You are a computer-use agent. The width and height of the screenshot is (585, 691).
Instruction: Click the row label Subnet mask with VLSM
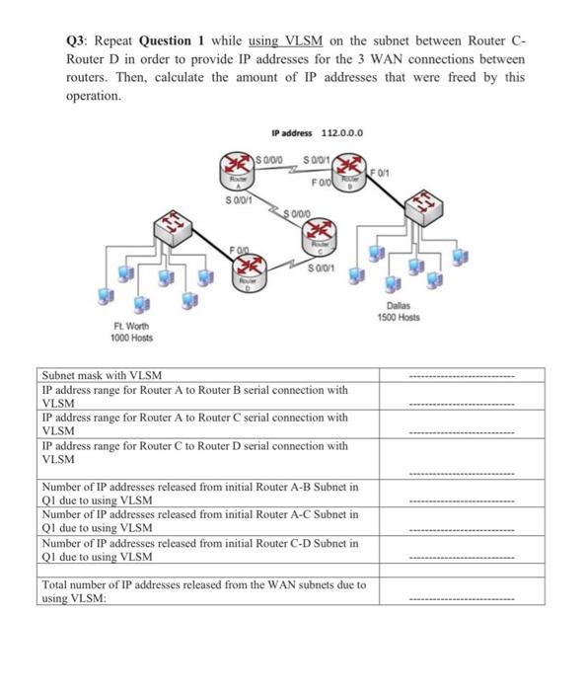pyautogui.click(x=103, y=376)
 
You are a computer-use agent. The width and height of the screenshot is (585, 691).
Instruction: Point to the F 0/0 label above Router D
pyautogui.click(x=240, y=253)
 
